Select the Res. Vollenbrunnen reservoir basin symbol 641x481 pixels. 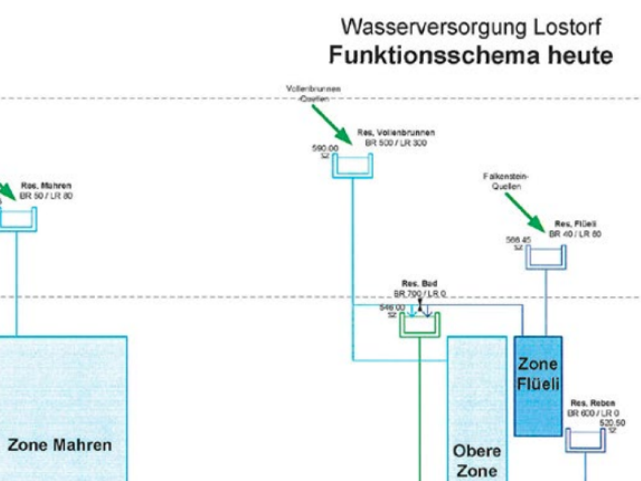[x=352, y=167]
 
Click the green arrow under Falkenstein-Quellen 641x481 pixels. [x=525, y=212]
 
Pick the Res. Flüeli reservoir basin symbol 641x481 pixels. [x=546, y=258]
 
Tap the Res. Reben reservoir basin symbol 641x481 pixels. [x=585, y=441]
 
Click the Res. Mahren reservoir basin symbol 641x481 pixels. [x=18, y=219]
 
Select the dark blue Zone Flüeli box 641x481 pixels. [x=538, y=385]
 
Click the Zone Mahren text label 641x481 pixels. [x=60, y=445]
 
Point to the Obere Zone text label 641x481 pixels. [x=477, y=460]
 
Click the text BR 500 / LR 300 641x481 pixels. [x=396, y=143]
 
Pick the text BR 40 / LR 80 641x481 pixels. [x=575, y=234]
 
